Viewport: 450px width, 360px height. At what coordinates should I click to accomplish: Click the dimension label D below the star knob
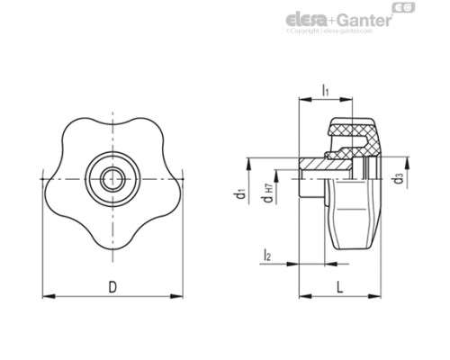(112, 287)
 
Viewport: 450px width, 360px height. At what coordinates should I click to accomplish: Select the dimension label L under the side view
(338, 287)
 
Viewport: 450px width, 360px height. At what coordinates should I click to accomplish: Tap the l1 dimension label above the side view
(325, 88)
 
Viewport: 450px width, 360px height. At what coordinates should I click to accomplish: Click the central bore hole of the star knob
(112, 175)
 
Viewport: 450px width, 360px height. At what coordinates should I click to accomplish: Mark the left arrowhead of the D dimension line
(48, 294)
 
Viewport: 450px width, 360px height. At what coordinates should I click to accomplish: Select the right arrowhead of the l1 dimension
(348, 98)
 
